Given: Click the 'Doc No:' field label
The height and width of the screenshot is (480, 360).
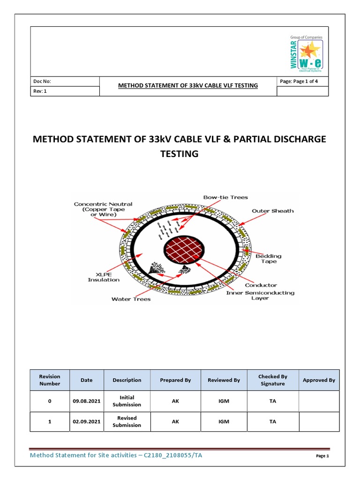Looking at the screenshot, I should [x=42, y=81].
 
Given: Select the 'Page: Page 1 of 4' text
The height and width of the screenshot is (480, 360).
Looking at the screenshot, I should [x=298, y=81].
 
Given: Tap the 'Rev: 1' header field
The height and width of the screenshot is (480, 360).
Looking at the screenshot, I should [x=40, y=91].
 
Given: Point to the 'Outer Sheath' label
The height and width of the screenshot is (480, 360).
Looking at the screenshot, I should [x=273, y=211].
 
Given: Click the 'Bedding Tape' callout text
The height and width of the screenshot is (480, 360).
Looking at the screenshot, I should [x=269, y=259].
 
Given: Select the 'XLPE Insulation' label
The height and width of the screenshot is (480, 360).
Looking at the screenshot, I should [x=104, y=277].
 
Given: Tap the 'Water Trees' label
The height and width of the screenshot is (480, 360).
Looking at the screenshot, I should [x=131, y=299].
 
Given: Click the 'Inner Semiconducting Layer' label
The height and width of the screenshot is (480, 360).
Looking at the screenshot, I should [x=260, y=296].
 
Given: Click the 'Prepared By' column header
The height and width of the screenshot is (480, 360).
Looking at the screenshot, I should [x=175, y=380].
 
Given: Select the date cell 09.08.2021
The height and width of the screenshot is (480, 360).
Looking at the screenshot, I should [x=86, y=401].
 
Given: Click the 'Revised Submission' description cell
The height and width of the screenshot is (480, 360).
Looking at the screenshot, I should [x=127, y=421].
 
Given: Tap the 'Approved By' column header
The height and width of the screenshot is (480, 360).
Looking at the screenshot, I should [x=319, y=380].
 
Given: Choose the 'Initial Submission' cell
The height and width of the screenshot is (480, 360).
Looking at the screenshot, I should [x=127, y=401].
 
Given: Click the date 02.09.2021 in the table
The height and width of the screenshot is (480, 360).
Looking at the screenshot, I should [x=86, y=421].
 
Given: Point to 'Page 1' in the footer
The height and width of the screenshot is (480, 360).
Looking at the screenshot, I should [x=322, y=456].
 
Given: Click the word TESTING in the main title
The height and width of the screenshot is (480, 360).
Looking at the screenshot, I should [x=180, y=153].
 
